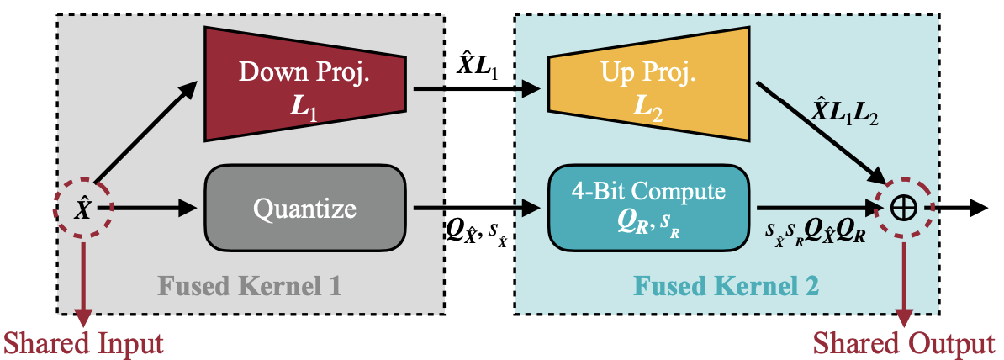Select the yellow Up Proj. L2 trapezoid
coord(647,85)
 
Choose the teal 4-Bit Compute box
coord(647,207)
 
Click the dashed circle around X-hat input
coord(82,208)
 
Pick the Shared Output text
coord(903,343)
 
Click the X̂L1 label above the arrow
coord(476,67)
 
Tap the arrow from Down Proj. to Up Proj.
coord(479,85)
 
